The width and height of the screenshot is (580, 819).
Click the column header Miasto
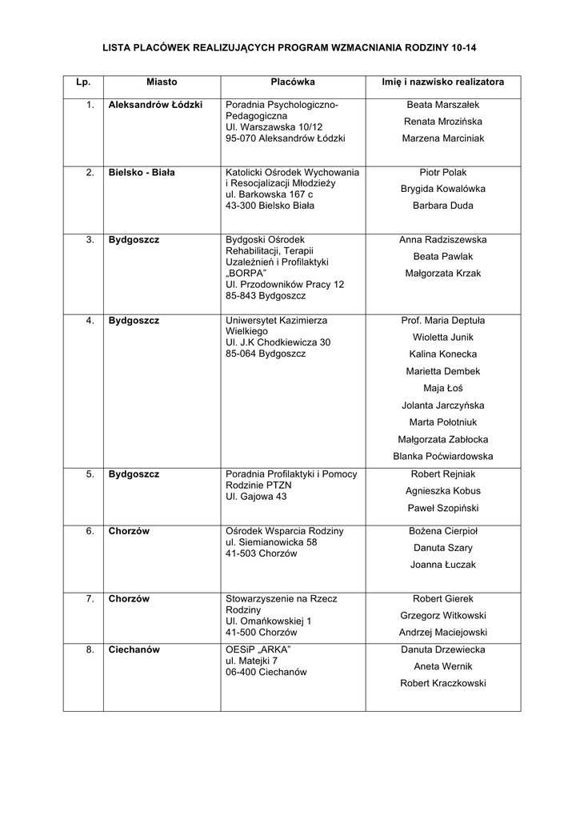coord(162,82)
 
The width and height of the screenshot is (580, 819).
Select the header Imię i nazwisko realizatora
coord(442,82)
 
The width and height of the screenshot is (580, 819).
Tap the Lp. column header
coord(84,82)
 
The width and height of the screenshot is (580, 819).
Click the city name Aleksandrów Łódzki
coord(155,105)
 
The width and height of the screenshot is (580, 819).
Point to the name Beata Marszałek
coord(442,105)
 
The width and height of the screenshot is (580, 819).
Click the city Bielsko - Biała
coord(142,172)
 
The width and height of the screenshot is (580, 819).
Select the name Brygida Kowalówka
coord(442,189)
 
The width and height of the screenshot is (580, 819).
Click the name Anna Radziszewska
coord(442,239)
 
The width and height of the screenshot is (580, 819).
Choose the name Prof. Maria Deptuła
coord(442,321)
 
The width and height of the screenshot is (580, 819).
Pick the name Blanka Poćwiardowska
coord(442,457)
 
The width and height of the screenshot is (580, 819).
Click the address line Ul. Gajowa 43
coord(256,497)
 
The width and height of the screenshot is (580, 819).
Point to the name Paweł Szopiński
coord(442,508)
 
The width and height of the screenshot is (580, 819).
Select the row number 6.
coord(90,530)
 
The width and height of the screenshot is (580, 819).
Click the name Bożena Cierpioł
coord(442,530)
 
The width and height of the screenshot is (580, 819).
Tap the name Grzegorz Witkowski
coord(442,615)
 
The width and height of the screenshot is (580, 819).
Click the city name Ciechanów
coord(134,649)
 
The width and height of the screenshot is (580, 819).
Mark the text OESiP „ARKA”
coord(258,649)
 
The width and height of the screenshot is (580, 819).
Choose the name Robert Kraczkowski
coord(442,683)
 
